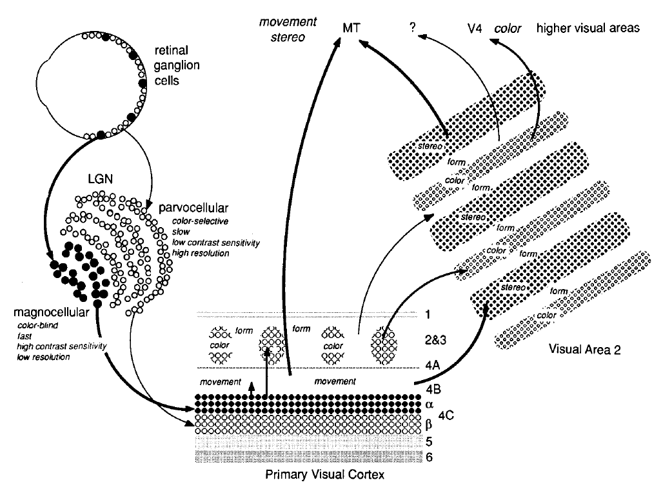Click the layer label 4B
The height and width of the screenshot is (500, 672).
click(434, 390)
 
